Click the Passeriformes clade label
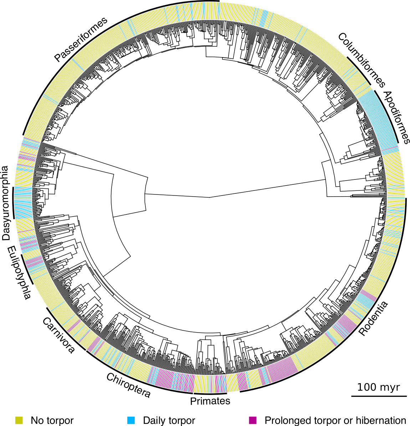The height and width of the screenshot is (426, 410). pyautogui.click(x=81, y=39)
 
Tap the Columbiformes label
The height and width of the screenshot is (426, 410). pyautogui.click(x=362, y=60)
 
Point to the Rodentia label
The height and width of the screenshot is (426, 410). pyautogui.click(x=373, y=318)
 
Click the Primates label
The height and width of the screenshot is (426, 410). pyautogui.click(x=210, y=401)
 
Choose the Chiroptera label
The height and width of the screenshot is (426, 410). pyautogui.click(x=128, y=385)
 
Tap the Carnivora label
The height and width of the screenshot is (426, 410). pyautogui.click(x=58, y=335)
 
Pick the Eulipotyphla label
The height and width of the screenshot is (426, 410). pyautogui.click(x=19, y=273)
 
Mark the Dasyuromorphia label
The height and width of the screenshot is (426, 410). pyautogui.click(x=5, y=203)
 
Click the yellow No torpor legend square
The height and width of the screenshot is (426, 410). pyautogui.click(x=19, y=420)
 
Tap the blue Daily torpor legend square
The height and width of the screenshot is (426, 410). pyautogui.click(x=131, y=420)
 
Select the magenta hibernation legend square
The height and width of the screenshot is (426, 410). pyautogui.click(x=253, y=420)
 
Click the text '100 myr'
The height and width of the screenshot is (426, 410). pyautogui.click(x=379, y=387)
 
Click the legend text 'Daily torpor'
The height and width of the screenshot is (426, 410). pyautogui.click(x=169, y=420)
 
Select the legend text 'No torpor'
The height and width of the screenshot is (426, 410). pyautogui.click(x=52, y=420)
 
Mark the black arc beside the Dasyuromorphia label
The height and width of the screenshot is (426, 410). pyautogui.click(x=13, y=202)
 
